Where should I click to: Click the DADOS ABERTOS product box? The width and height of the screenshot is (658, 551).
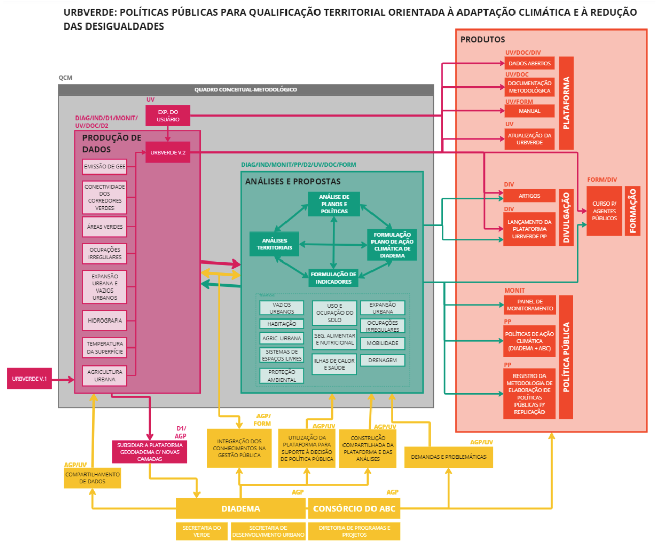pos(529,64)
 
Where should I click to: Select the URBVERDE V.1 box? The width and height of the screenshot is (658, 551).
pos(30,379)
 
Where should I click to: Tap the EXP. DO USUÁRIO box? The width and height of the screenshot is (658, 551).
pos(168,116)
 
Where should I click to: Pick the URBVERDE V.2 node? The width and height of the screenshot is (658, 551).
pos(168,153)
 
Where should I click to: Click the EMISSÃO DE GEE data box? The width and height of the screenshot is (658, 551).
pos(105,167)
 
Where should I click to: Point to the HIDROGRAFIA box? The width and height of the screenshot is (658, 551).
pos(105,321)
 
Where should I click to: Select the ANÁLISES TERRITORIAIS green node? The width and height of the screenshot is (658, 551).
pos(274,244)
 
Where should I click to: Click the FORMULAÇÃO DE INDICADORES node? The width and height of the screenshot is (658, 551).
pos(333,278)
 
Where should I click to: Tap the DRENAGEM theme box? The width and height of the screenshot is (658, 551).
pos(383,360)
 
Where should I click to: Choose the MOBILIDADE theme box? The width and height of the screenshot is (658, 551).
pos(383,343)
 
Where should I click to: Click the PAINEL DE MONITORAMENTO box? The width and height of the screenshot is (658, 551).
pos(529,305)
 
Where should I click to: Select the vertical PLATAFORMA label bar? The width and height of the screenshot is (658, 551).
pos(566,103)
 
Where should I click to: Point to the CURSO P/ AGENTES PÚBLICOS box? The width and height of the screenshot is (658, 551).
pos(604,211)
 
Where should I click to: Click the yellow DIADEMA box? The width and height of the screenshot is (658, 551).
pos(241,509)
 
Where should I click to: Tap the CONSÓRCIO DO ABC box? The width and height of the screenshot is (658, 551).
pos(354,509)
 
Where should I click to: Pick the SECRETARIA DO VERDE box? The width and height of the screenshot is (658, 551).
pos(202,531)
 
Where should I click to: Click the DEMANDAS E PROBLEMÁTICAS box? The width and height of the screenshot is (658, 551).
pos(448,457)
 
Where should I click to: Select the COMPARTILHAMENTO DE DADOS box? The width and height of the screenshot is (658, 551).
pos(92,478)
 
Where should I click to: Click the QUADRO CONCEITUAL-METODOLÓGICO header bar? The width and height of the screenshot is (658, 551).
pos(246,90)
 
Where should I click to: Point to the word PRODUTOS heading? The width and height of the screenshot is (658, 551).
pos(482,40)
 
